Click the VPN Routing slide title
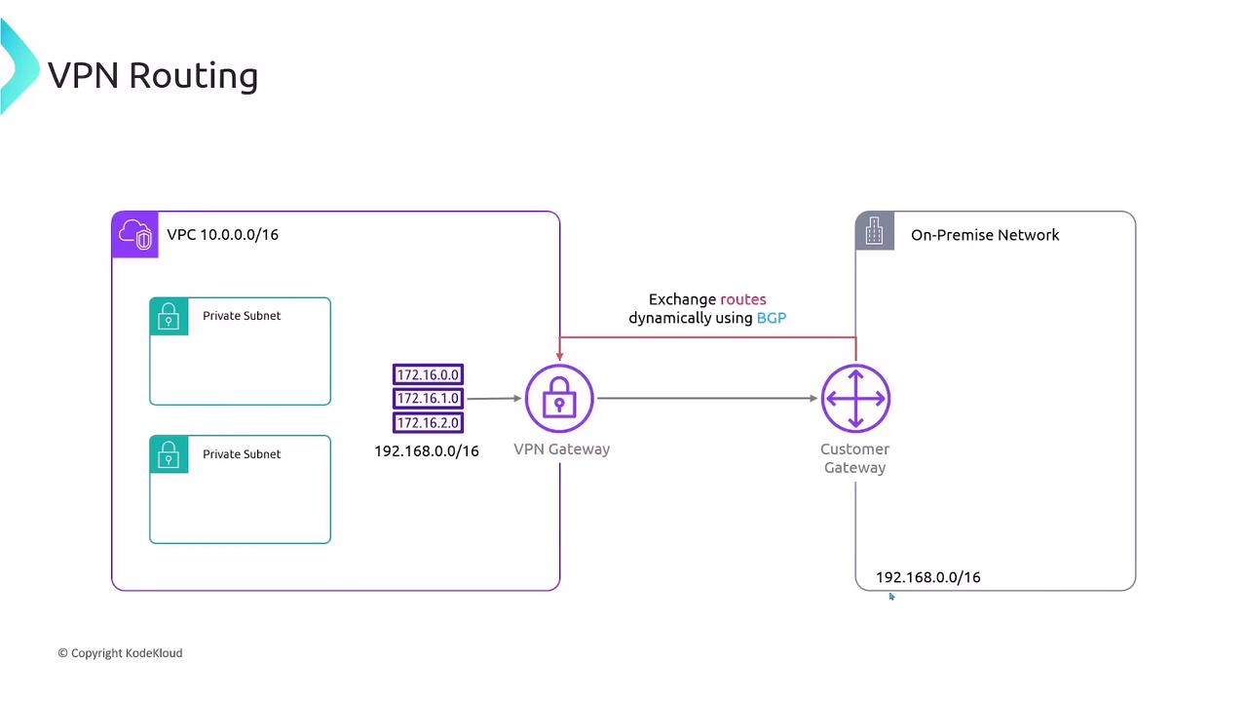point(153,75)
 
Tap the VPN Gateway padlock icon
point(559,398)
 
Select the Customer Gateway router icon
point(855,398)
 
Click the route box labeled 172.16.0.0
point(428,374)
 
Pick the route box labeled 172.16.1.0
point(428,398)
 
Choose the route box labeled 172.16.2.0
point(428,422)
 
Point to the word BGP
point(771,318)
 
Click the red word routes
point(743,299)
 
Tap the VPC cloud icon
point(135,235)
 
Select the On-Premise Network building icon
point(874,232)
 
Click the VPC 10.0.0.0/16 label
point(222,235)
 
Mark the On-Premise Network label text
point(985,235)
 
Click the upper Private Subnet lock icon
point(169,317)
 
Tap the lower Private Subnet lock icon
point(169,454)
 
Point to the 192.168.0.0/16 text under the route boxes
point(427,451)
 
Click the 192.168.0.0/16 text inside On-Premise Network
point(927,577)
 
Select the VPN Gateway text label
point(561,449)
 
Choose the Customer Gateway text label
point(854,458)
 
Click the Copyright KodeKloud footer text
point(120,653)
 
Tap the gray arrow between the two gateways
point(707,398)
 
